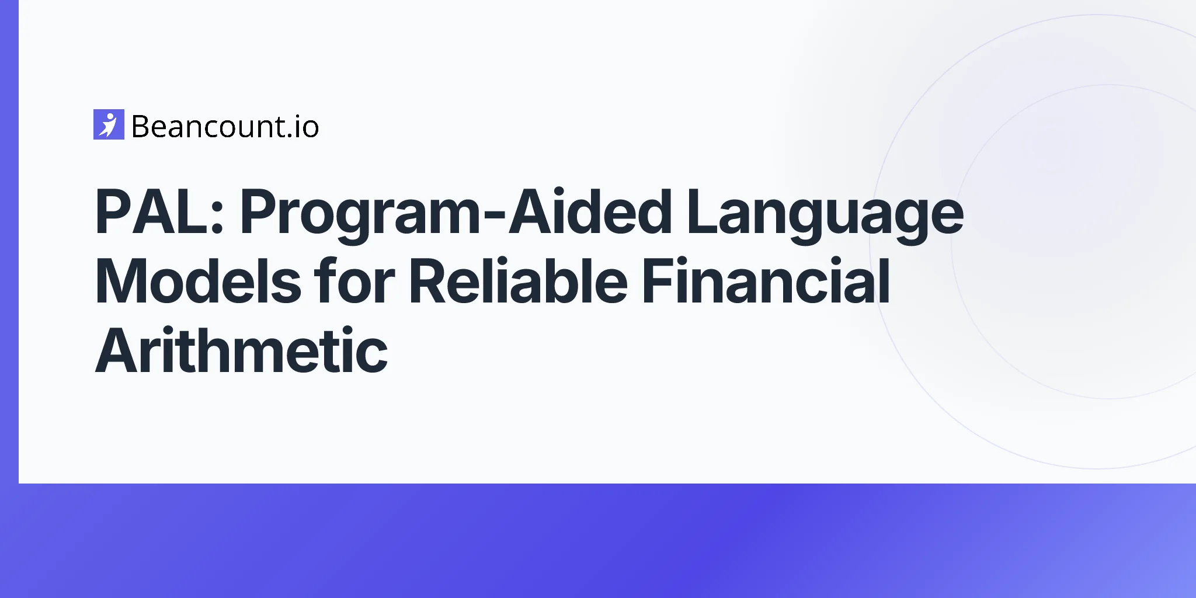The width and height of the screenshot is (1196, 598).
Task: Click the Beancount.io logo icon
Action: click(x=109, y=124)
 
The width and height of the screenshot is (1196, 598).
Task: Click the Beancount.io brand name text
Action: click(x=225, y=127)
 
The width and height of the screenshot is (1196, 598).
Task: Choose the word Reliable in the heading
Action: click(x=518, y=281)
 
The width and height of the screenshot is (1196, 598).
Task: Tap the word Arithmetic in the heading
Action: click(x=241, y=351)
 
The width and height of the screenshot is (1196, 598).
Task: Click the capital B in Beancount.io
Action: click(x=142, y=127)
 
